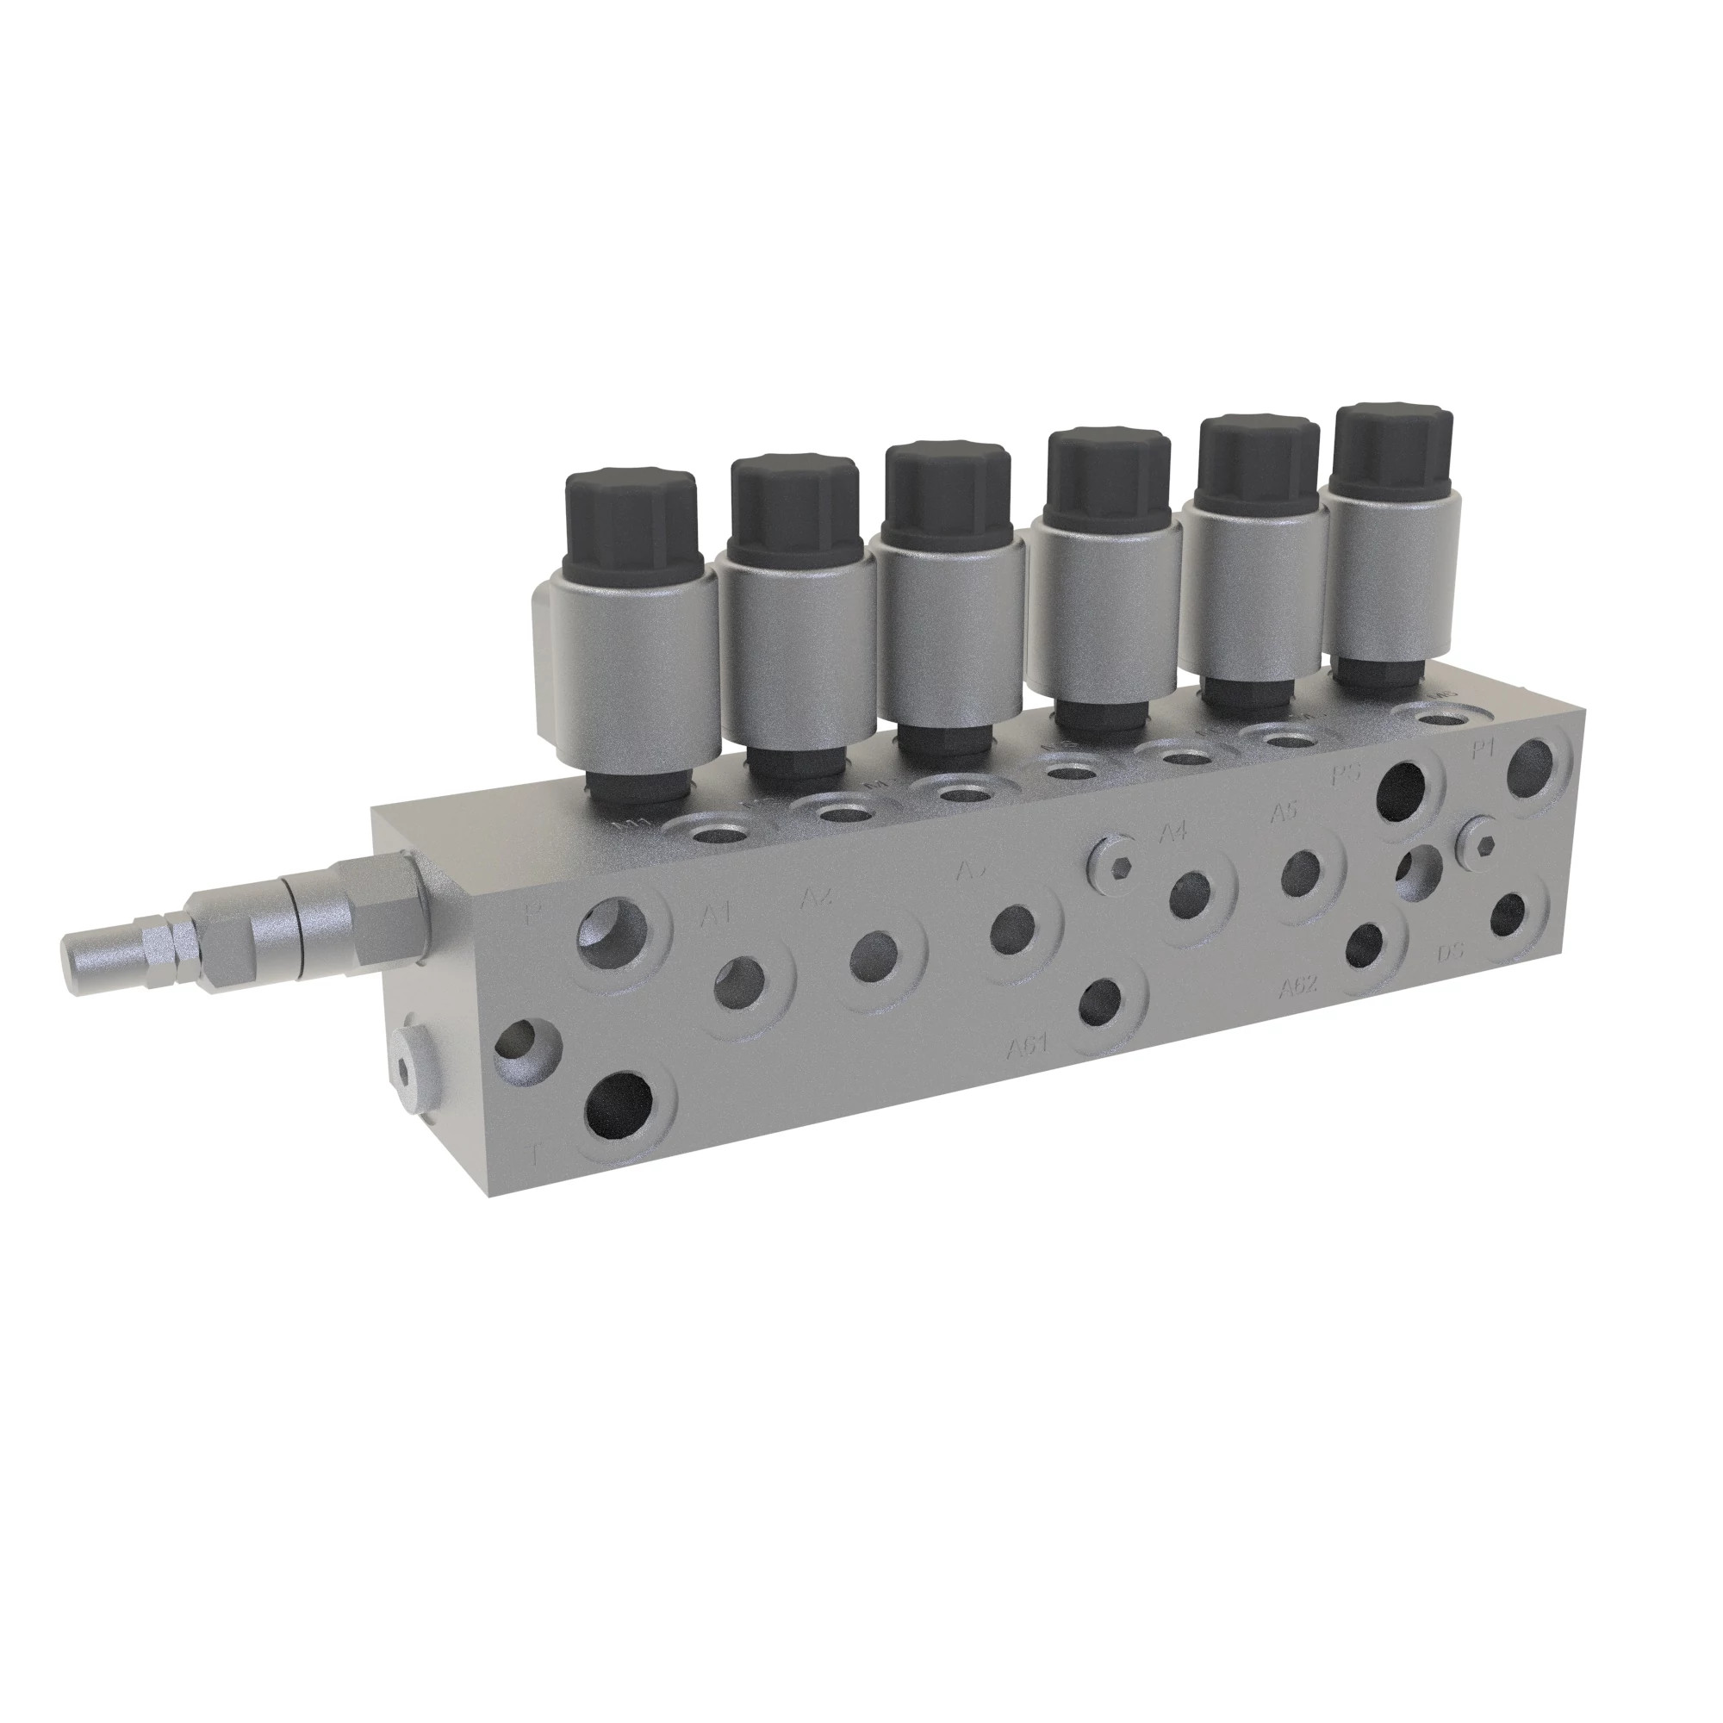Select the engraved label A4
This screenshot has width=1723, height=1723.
point(1173,833)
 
